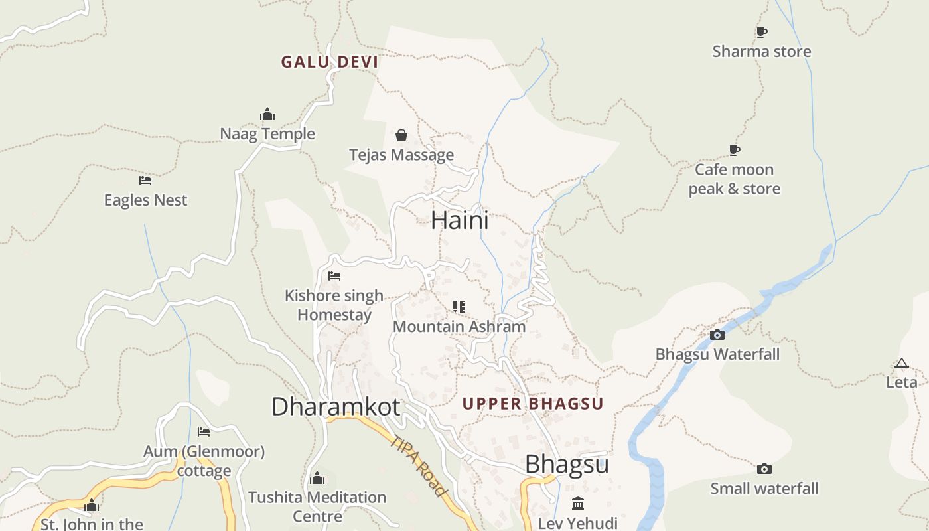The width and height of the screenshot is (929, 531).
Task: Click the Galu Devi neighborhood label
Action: pos(329,62)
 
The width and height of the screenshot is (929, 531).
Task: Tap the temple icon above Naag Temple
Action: pos(267,114)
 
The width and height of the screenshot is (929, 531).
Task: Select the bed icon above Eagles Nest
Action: pos(145,181)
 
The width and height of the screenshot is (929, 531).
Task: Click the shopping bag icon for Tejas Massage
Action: pos(401,135)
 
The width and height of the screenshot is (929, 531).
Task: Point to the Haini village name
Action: pos(459,220)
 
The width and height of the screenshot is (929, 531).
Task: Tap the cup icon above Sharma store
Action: pos(762,32)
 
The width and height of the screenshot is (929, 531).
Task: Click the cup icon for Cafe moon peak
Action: pos(734,150)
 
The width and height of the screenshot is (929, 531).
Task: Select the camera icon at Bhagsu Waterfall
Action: pos(717,335)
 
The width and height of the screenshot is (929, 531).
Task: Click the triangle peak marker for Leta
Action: pos(901,364)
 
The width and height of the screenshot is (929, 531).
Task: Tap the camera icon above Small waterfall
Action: pos(764,469)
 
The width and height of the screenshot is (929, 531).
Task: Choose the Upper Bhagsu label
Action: pos(533,404)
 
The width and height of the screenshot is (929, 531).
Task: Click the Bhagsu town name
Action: pos(567,464)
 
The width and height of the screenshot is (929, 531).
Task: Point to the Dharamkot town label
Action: pos(336,406)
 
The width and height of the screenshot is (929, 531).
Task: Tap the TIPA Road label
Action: pos(418,466)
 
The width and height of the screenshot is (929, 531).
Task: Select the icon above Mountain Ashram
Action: pos(459,307)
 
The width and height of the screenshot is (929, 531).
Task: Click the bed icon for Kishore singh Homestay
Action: pos(334,276)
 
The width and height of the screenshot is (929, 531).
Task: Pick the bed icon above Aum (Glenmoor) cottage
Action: pos(204,432)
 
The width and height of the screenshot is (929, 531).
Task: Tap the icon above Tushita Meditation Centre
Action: pos(317,478)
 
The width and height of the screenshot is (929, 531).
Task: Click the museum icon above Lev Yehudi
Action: pos(578,503)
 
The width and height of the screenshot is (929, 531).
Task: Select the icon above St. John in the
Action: pos(92,506)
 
